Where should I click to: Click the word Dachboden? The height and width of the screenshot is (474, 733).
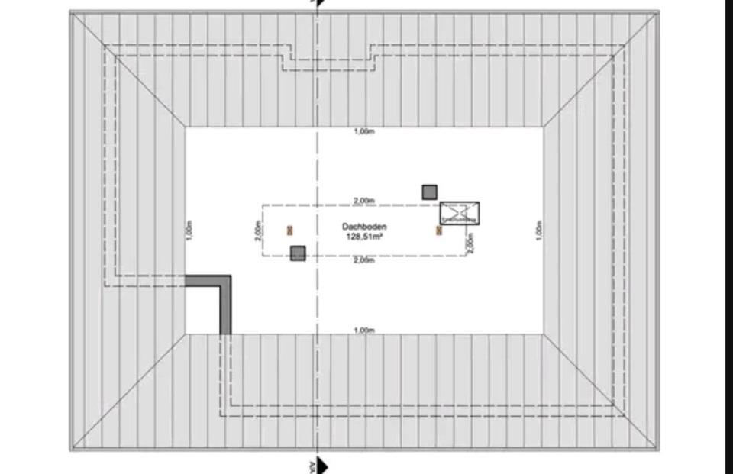tap(364, 227)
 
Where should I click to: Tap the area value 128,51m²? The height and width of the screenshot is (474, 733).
tap(364, 237)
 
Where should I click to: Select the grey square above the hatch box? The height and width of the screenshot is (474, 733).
tap(430, 192)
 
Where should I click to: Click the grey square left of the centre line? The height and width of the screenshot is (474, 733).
tap(298, 253)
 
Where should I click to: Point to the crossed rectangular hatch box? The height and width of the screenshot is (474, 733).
tap(460, 213)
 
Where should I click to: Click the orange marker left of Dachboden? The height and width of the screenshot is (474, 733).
tap(290, 230)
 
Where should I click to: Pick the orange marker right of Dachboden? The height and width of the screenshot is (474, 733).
tap(439, 230)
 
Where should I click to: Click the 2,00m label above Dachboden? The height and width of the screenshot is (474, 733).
tap(364, 201)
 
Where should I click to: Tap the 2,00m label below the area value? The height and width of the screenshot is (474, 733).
tap(364, 261)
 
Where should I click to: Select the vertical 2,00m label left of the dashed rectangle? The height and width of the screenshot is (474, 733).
tap(259, 230)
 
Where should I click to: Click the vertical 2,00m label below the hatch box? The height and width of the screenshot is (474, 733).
tap(471, 242)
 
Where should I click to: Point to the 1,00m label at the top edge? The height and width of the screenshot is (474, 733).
tap(364, 132)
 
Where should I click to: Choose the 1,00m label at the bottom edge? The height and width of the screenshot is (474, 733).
tap(364, 330)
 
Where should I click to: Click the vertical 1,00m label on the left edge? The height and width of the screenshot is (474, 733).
tap(190, 230)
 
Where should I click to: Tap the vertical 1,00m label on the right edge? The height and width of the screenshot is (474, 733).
tap(538, 230)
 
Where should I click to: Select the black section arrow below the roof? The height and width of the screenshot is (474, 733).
tap(323, 465)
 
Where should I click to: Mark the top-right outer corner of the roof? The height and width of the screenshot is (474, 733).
tap(658, 11)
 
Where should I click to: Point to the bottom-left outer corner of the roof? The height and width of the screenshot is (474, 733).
tap(71, 450)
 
